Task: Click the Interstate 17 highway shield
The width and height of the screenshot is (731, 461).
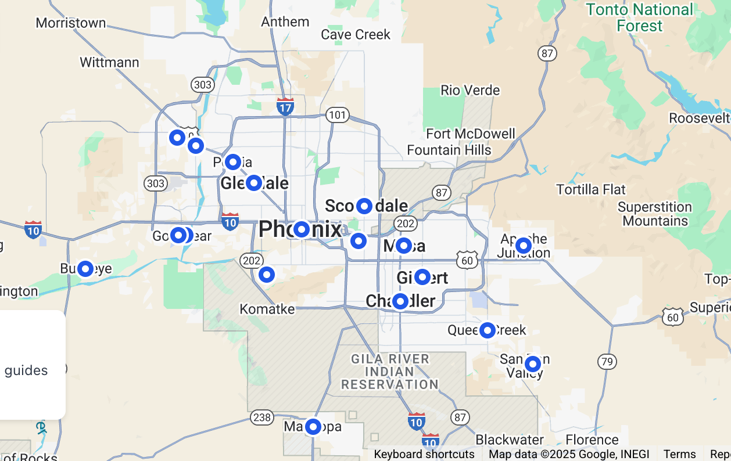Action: coord(285,107)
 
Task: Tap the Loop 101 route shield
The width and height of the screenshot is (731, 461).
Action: coord(337,114)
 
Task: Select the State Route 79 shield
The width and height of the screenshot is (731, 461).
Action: coord(607,362)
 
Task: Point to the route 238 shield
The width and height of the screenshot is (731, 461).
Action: coord(261,417)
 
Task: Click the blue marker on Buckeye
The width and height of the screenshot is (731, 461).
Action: coord(85,269)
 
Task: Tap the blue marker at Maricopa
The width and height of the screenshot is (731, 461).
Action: coord(313,427)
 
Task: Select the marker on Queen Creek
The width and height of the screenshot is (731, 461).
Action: coord(487,330)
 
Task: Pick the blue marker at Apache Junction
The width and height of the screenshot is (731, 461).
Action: coord(524,246)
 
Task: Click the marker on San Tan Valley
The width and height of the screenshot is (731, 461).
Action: coord(532,364)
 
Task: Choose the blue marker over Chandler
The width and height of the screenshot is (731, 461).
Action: coord(400,301)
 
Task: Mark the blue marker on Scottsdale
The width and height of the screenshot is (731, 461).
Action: coord(364,206)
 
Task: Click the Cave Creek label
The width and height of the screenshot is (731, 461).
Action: coord(356,35)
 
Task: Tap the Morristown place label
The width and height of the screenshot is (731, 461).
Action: coord(71,23)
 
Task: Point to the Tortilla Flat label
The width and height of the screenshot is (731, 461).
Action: coord(591,190)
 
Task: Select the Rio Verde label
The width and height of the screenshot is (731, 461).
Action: coord(470,91)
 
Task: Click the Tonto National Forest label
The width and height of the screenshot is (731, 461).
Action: coord(639,18)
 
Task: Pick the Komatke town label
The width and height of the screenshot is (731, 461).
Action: coord(267,309)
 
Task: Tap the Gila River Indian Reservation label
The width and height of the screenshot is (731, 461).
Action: coord(389,372)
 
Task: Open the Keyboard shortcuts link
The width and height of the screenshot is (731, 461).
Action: coord(424,454)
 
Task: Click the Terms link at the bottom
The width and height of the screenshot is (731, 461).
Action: coord(679,454)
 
